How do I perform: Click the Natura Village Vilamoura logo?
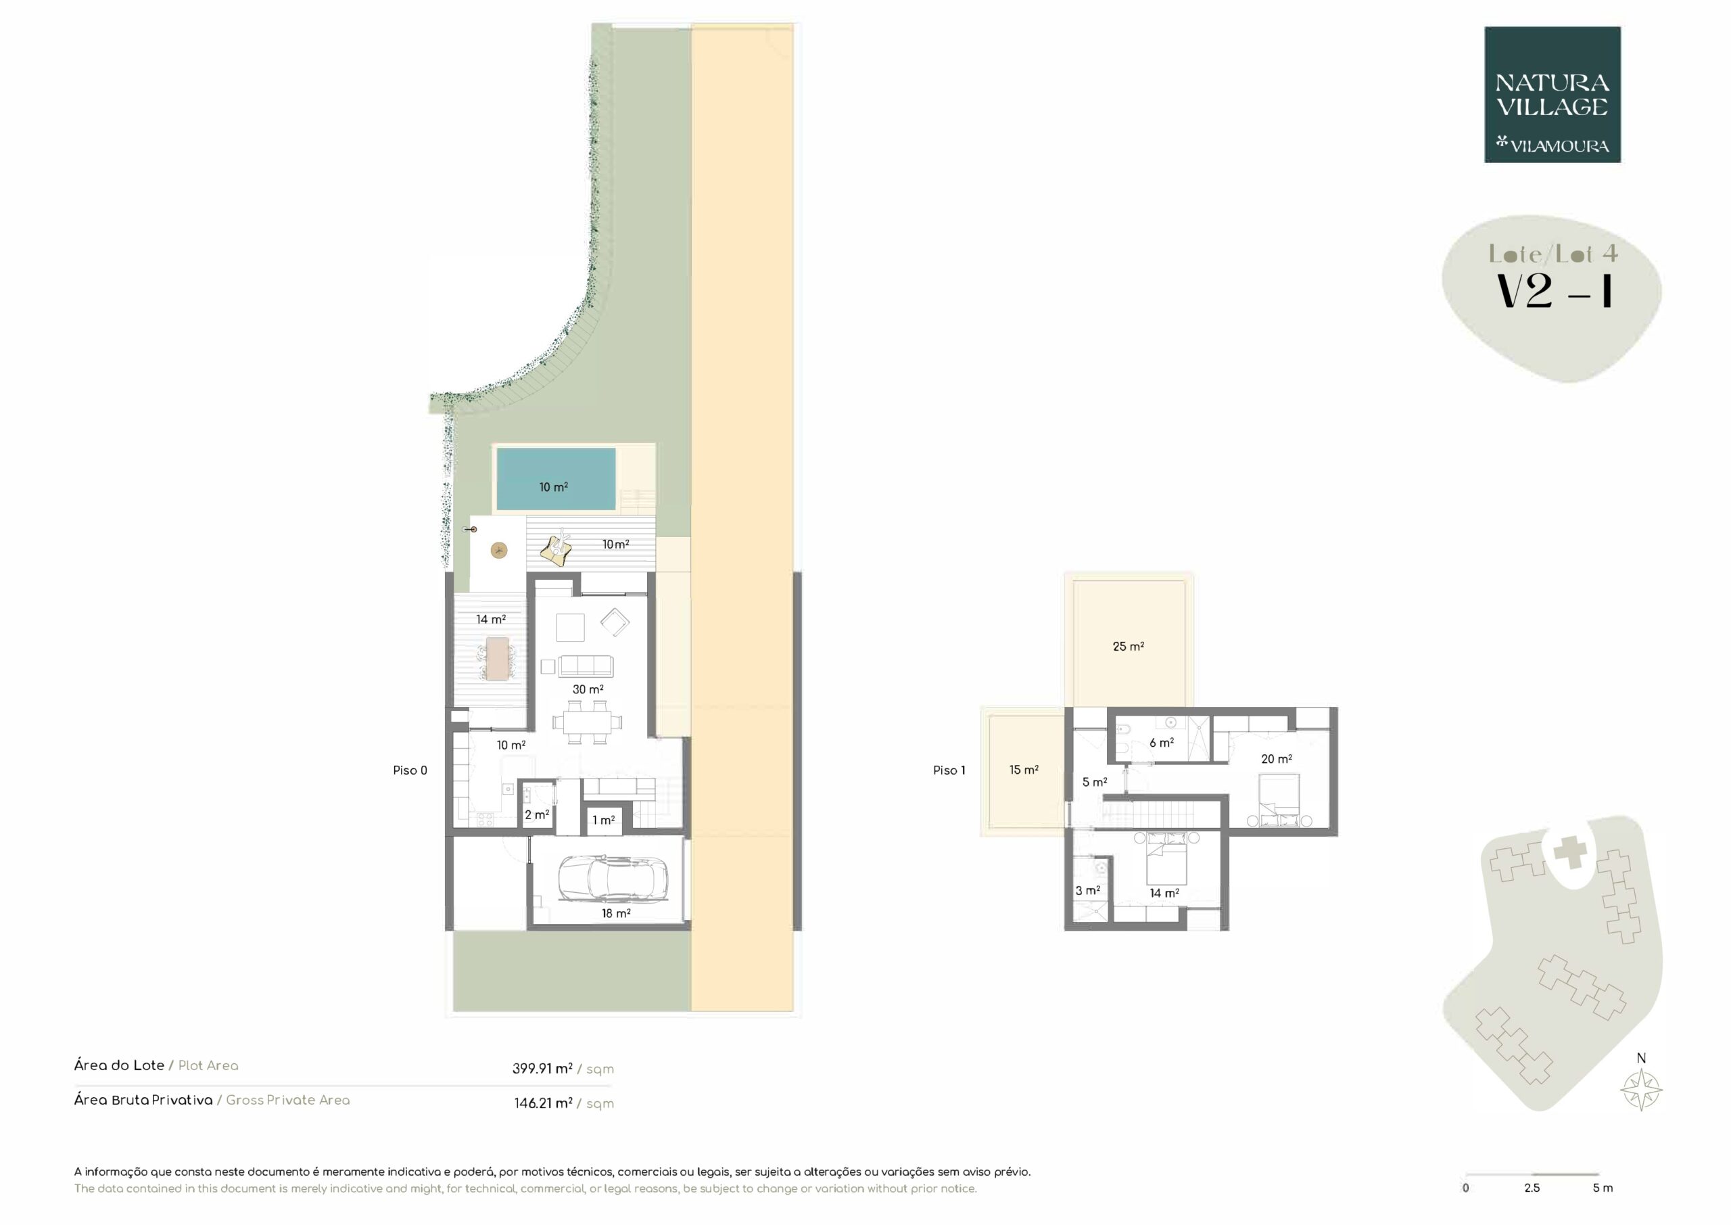[x=1552, y=95]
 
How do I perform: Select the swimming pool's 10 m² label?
[x=553, y=487]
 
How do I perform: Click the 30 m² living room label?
[x=588, y=689]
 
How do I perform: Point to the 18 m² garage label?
[x=616, y=913]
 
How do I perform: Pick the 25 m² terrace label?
[x=1129, y=647]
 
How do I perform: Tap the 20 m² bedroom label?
[x=1277, y=759]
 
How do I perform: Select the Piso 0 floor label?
[x=410, y=770]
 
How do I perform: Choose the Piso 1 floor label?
[x=949, y=770]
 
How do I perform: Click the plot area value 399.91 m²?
[x=542, y=1068]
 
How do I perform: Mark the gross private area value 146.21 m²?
[x=543, y=1103]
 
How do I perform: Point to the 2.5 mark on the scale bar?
[x=1532, y=1188]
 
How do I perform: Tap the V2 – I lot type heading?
[x=1554, y=291]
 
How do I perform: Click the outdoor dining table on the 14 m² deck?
[x=498, y=659]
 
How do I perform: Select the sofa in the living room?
[x=586, y=666]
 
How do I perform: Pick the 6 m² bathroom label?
[x=1162, y=743]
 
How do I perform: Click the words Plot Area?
[x=208, y=1066]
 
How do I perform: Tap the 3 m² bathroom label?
[x=1088, y=891]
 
